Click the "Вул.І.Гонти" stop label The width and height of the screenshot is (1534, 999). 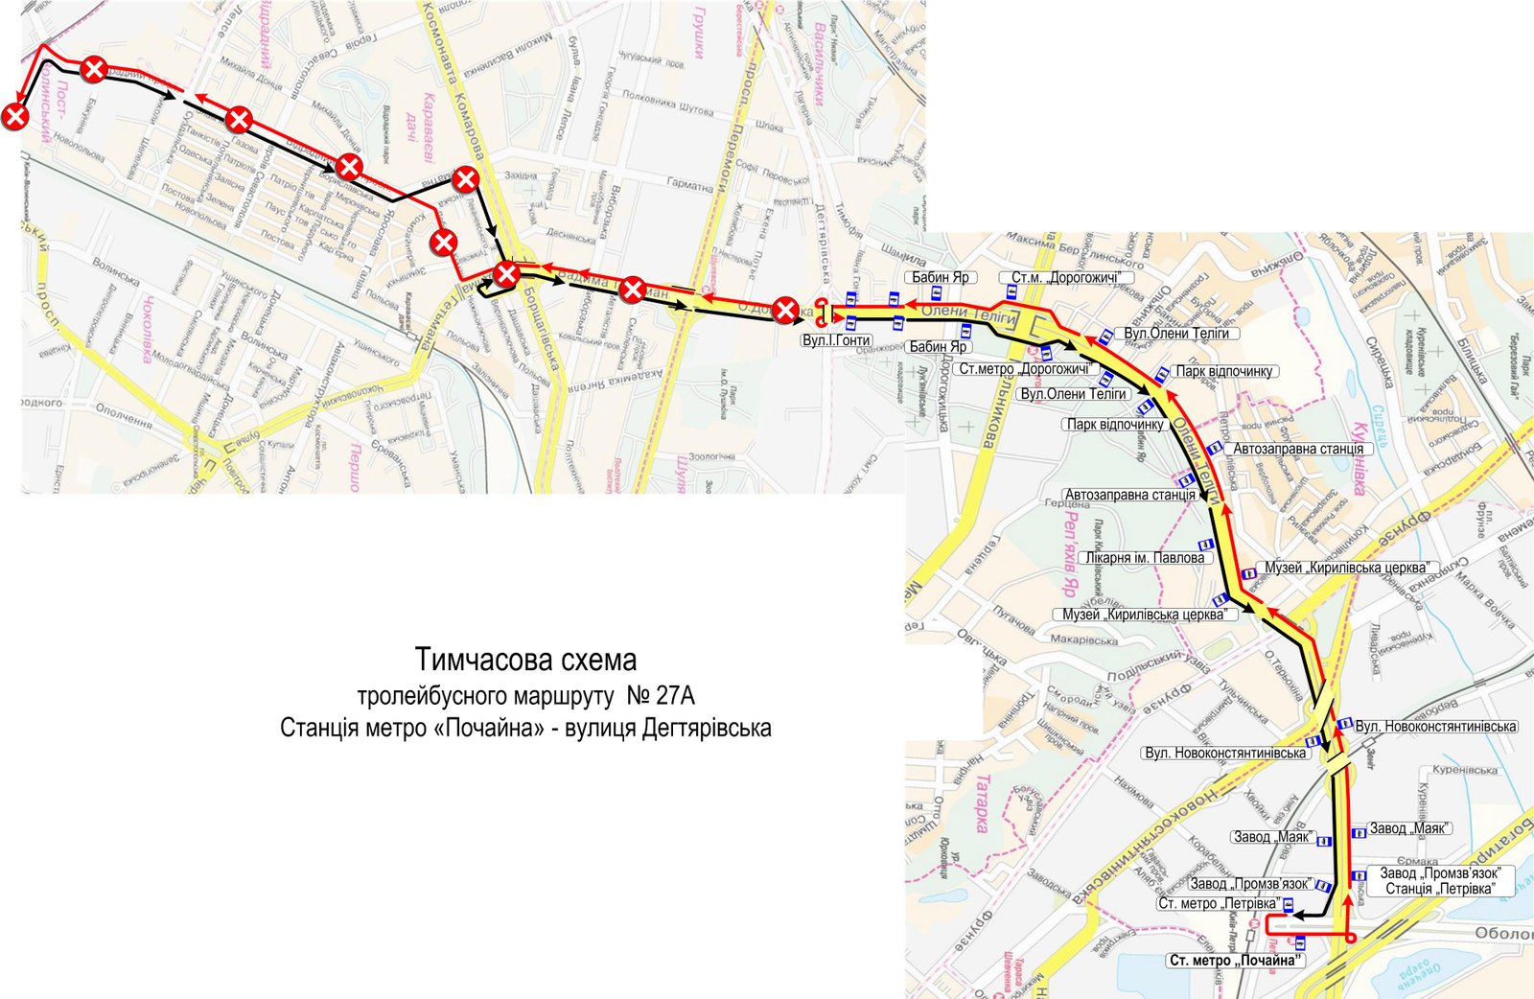(x=836, y=340)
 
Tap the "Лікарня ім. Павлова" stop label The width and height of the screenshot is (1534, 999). (x=1144, y=558)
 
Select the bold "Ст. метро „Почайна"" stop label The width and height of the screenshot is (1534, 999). (x=1236, y=960)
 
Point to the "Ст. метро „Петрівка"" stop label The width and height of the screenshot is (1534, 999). (x=1218, y=903)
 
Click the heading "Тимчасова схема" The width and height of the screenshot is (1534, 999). (x=525, y=661)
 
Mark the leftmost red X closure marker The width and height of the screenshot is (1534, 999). (x=15, y=117)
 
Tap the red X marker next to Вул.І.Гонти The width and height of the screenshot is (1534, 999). (x=785, y=310)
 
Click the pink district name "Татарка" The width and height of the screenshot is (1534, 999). (x=983, y=805)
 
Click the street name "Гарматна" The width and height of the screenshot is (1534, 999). (x=689, y=183)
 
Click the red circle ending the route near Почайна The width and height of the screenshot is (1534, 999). (x=1349, y=939)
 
